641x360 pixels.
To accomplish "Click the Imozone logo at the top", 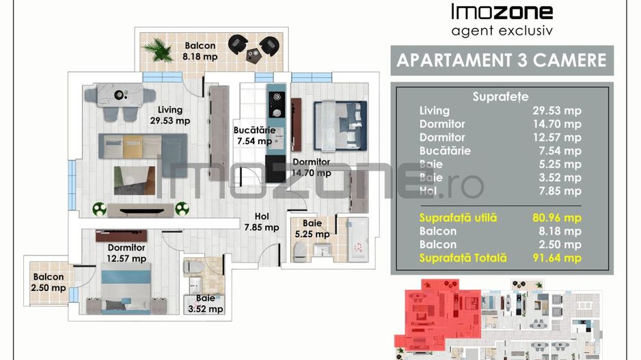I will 502,12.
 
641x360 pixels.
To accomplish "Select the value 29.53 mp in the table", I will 556,111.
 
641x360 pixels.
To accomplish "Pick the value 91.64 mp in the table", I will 556,258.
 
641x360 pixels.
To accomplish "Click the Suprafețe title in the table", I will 500,96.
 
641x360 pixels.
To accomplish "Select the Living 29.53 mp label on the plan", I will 171,115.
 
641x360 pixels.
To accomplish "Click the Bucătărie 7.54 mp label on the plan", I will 254,135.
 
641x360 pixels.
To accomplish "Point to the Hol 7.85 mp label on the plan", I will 262,222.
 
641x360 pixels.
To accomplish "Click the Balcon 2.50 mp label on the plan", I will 48,283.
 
